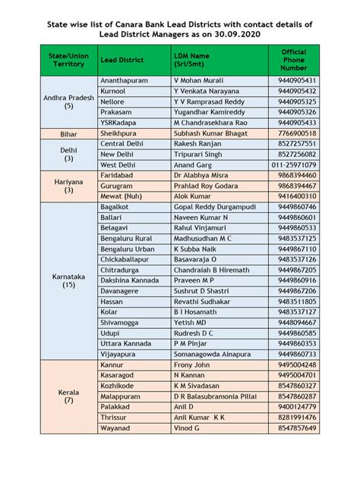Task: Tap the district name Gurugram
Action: point(118,185)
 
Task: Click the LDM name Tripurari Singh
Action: point(198,154)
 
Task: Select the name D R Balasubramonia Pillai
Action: point(220,396)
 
